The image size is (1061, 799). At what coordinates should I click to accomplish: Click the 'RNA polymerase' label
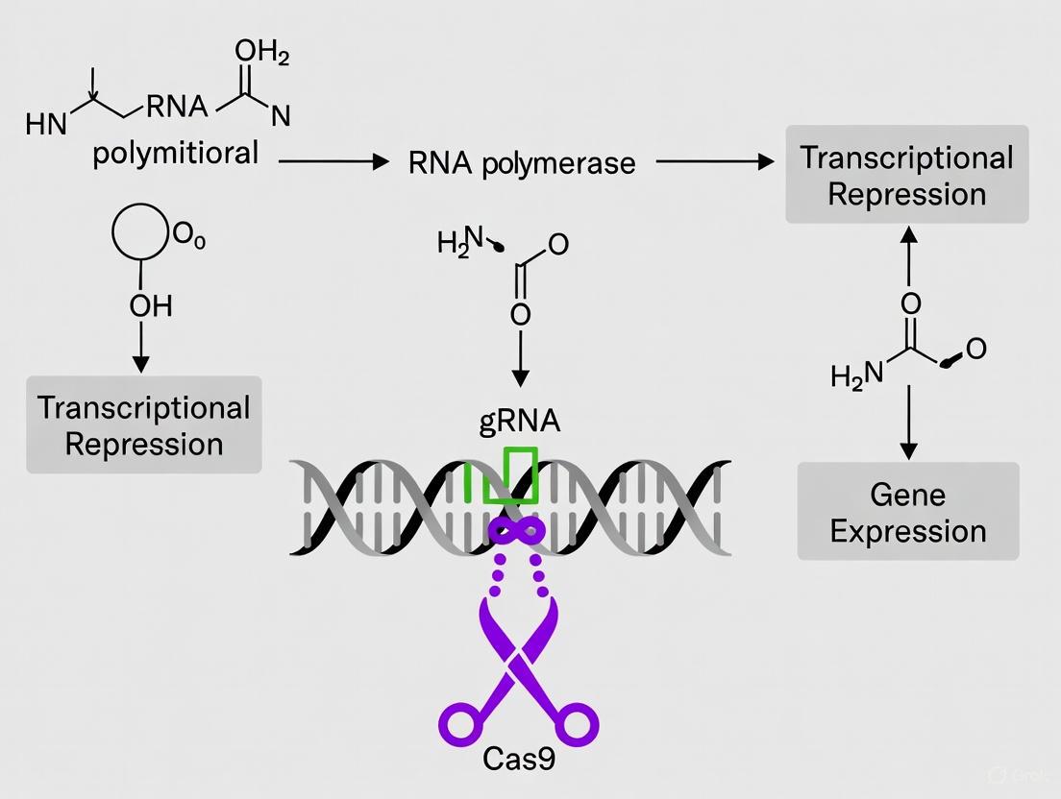coord(522,163)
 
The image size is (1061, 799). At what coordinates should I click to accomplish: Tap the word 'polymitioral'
coord(176,153)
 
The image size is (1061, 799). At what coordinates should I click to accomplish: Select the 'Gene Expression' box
coord(908,513)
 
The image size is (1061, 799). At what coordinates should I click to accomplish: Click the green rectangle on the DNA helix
coord(510,474)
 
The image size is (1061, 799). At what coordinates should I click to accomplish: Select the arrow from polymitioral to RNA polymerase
coord(332,163)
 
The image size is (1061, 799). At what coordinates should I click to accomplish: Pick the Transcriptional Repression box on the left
coord(144,424)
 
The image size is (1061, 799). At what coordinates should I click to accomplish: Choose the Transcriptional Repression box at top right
coord(907,175)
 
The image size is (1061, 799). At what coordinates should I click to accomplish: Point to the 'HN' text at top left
coord(46,126)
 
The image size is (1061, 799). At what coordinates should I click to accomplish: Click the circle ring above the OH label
coord(141,234)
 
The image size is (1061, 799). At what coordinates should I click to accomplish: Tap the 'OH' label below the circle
coord(150,306)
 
